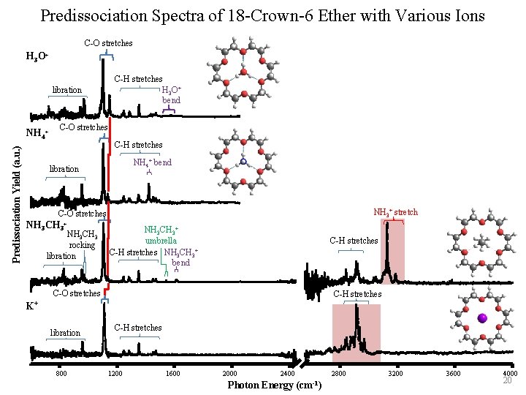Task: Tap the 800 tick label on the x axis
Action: (61, 375)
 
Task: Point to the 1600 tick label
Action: (173, 375)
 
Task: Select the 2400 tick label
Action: (287, 375)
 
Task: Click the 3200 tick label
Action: (395, 375)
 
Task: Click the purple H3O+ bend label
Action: (171, 95)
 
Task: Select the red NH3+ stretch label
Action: (395, 212)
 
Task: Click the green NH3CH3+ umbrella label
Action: (161, 235)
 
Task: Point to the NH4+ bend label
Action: (152, 162)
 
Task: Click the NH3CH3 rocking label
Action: (81, 239)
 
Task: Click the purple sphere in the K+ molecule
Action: (482, 318)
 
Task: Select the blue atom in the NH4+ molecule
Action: (243, 161)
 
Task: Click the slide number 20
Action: (506, 381)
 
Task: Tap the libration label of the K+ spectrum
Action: (65, 333)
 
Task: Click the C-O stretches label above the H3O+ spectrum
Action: (108, 43)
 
